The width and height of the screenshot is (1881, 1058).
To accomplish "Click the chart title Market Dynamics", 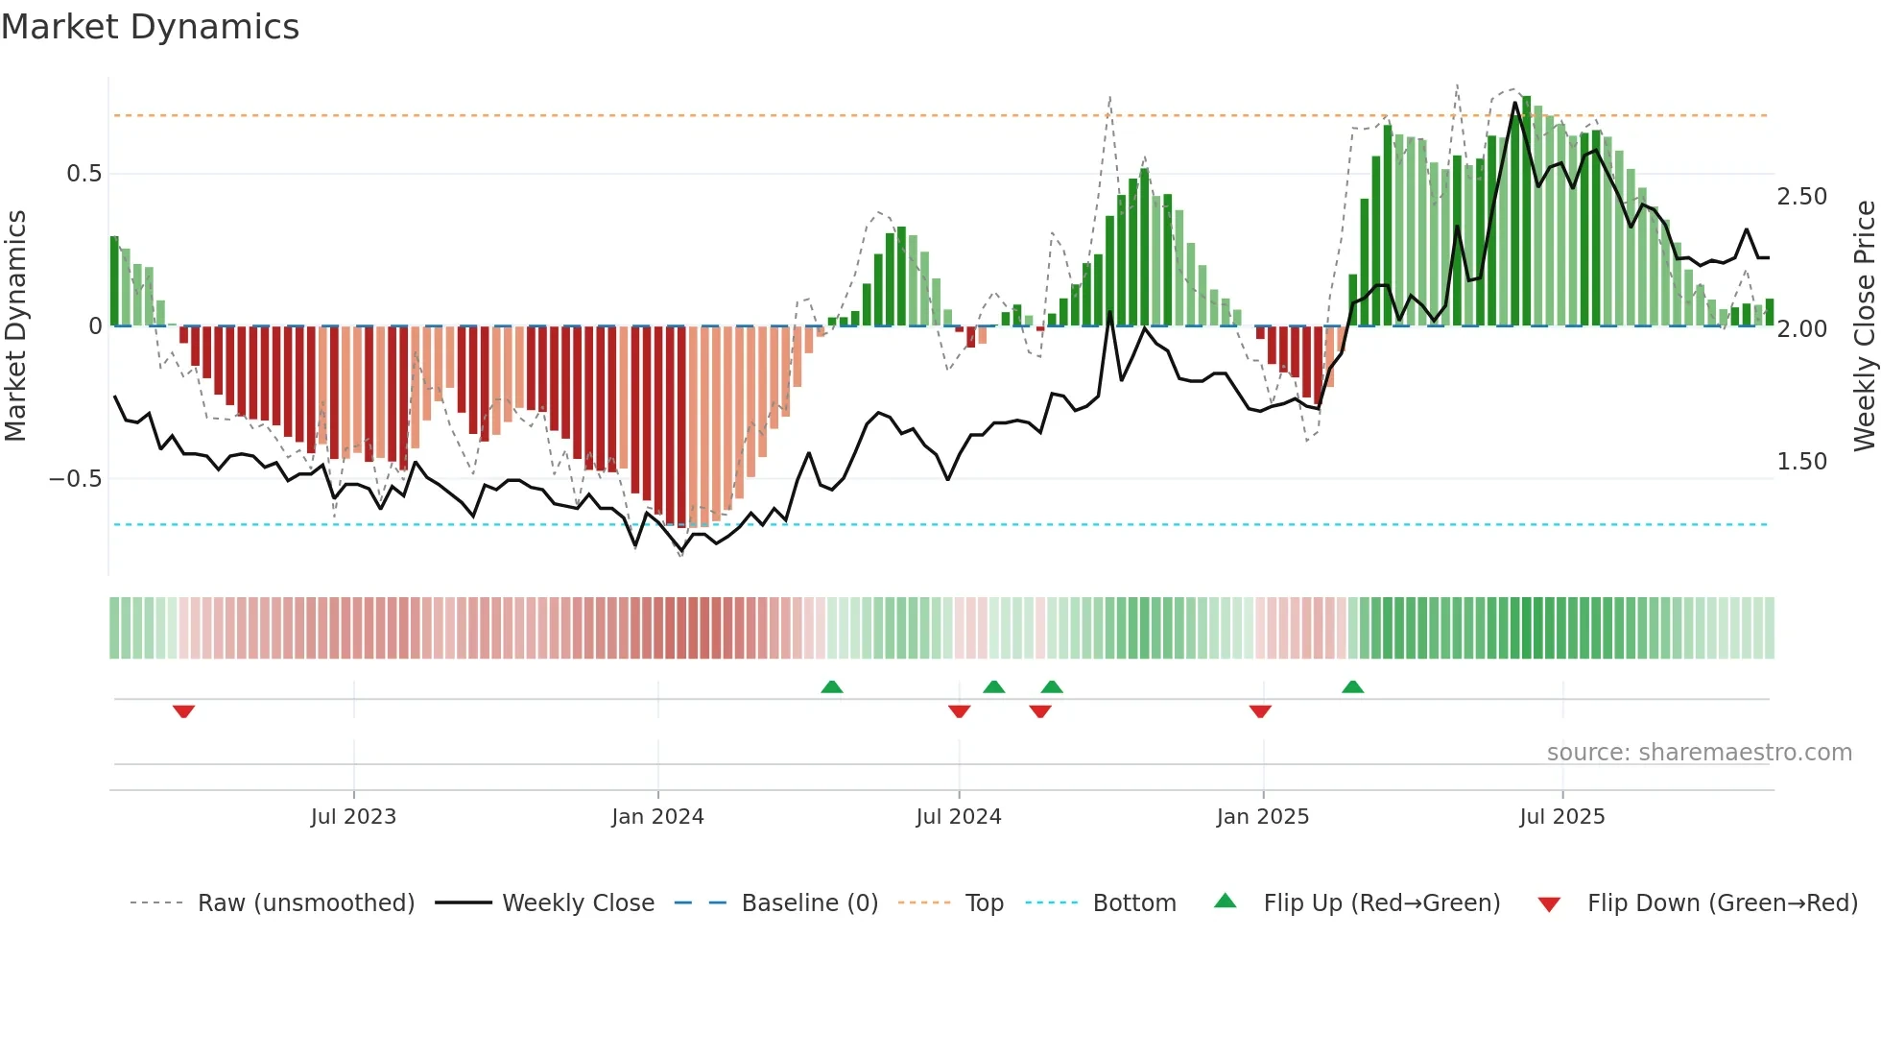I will tap(150, 27).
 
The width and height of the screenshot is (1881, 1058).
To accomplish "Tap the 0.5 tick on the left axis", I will tap(83, 174).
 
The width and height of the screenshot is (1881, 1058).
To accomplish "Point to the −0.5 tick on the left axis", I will tap(76, 478).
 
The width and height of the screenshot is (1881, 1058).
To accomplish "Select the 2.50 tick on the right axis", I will tap(1801, 197).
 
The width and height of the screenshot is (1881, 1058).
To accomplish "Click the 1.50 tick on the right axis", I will tap(1801, 462).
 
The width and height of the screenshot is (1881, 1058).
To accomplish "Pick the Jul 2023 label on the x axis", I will tap(353, 817).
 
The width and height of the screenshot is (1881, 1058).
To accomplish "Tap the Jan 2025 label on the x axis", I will tap(1262, 817).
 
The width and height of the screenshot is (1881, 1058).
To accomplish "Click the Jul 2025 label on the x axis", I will tap(1561, 817).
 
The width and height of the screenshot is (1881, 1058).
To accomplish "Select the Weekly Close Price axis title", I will tap(1864, 325).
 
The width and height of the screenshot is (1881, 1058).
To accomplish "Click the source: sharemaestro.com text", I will tap(1699, 753).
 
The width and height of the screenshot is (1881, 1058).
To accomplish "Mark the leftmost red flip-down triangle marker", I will tap(183, 711).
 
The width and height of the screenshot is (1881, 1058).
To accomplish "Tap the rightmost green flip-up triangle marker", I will tap(1352, 686).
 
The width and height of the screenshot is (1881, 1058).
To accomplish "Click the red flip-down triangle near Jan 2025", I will tap(1260, 711).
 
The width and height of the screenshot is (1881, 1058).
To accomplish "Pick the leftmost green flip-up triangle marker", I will tap(832, 686).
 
